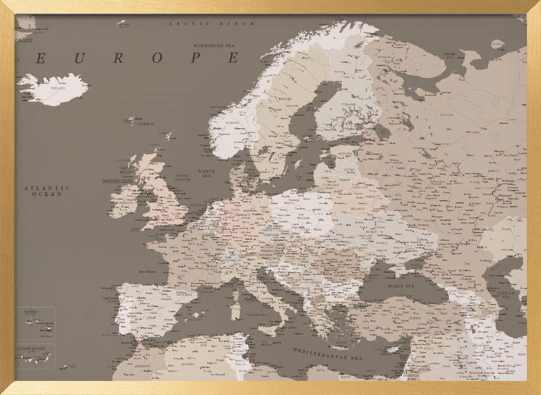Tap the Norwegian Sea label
coord(214,46)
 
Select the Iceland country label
coord(57,88)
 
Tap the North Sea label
coord(207,174)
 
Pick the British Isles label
coord(118,181)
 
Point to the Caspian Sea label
coord(509,295)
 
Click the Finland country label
coord(348,104)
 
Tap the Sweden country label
coord(285,99)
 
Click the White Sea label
coord(450,55)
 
